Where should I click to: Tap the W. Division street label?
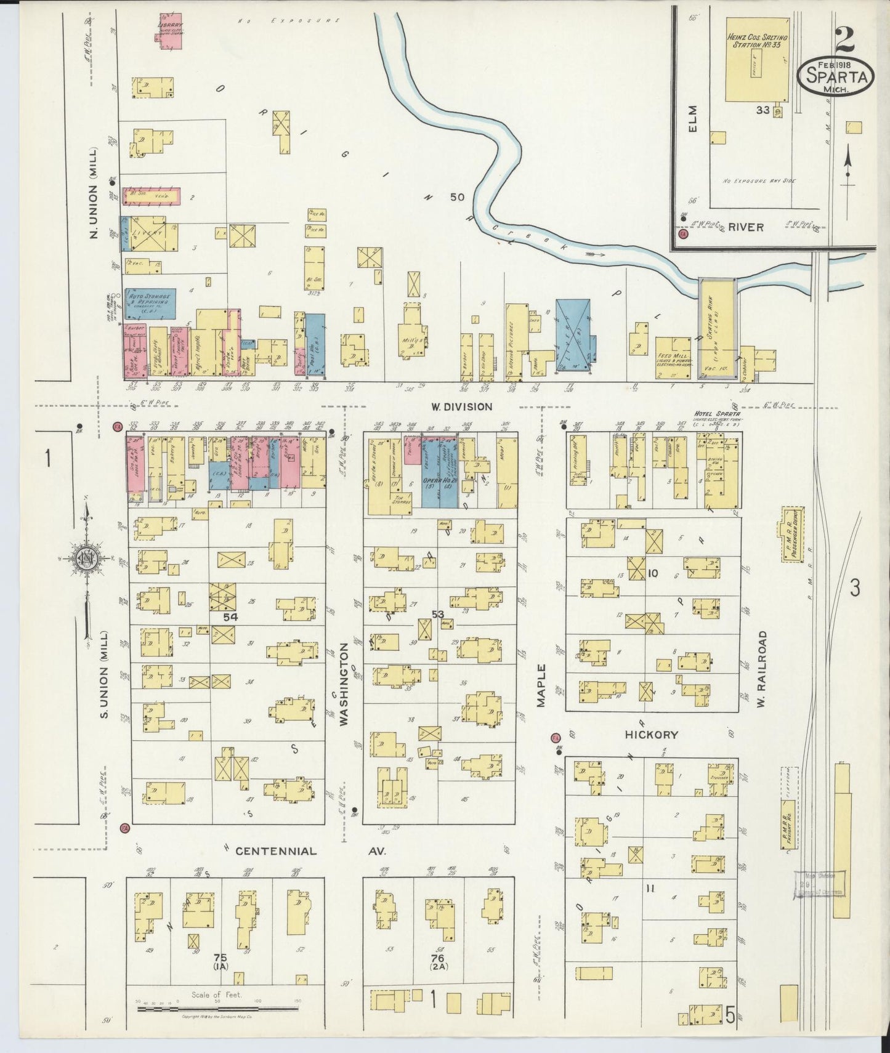(461, 406)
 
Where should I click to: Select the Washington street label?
(343, 683)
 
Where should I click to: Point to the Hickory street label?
(651, 734)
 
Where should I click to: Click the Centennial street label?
(276, 851)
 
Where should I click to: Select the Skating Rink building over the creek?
(718, 328)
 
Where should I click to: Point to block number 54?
(230, 616)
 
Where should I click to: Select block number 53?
(438, 614)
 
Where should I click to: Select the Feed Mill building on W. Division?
(673, 358)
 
